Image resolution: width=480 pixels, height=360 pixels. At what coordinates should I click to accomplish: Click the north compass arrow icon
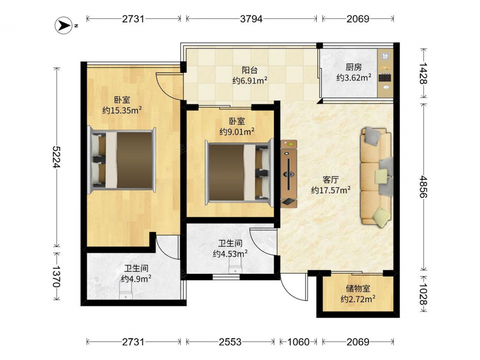[x=64, y=25]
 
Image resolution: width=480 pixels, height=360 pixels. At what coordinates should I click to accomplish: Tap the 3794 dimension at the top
[x=252, y=19]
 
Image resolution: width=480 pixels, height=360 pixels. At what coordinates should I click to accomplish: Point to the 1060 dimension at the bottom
[x=298, y=342]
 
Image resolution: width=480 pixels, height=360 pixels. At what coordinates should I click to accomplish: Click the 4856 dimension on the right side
[x=423, y=186]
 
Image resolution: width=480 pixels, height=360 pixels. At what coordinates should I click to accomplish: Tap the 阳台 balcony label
[x=250, y=71]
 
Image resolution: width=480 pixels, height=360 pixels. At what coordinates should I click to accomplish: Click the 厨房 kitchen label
[x=354, y=67]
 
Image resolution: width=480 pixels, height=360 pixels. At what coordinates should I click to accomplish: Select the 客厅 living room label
[x=331, y=180]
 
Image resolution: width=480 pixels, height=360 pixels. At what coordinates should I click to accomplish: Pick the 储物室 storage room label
[x=358, y=288]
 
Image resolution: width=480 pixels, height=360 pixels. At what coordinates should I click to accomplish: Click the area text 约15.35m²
[x=122, y=110]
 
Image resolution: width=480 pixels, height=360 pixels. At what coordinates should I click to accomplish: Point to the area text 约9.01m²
[x=237, y=132]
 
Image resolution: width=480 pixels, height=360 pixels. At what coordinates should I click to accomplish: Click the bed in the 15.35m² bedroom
[x=121, y=160]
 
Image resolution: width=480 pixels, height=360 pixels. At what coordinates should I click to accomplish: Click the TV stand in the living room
[x=288, y=174]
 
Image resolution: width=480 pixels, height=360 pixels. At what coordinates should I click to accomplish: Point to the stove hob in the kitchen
[x=385, y=78]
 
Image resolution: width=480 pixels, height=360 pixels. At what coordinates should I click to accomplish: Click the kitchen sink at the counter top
[x=385, y=56]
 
